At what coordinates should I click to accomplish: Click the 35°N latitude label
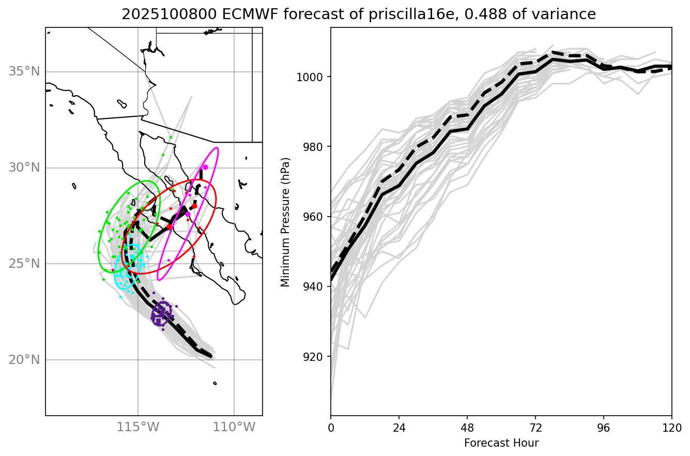click(24, 71)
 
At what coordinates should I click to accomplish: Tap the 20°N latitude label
click(24, 360)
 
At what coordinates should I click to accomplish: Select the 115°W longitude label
click(137, 428)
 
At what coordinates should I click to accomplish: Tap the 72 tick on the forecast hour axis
click(535, 428)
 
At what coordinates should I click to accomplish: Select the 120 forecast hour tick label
click(671, 428)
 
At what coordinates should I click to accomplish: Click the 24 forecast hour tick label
click(399, 428)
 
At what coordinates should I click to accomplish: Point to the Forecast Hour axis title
click(501, 443)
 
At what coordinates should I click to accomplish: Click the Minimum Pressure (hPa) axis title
click(285, 221)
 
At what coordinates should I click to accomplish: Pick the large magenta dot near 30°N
click(205, 167)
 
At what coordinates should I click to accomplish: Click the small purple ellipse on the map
click(162, 314)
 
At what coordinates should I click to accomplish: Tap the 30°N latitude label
click(24, 168)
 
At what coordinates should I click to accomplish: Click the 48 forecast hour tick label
click(467, 428)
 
